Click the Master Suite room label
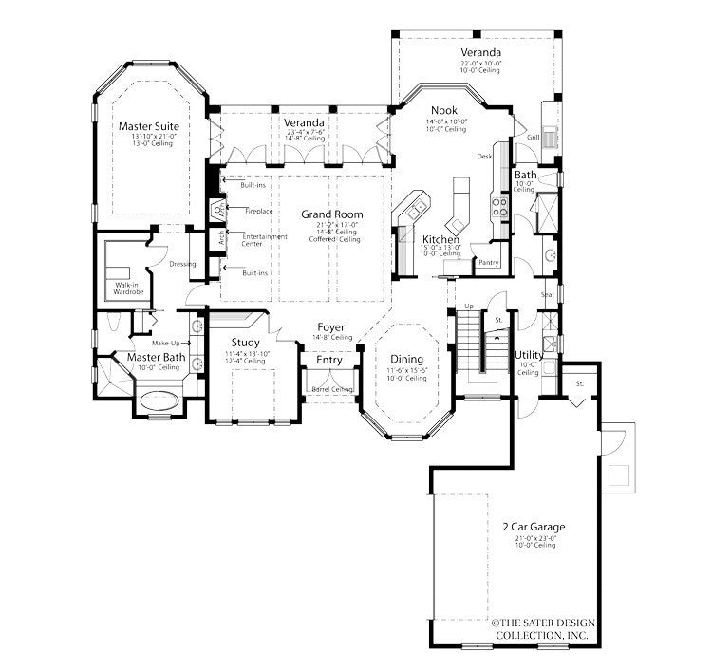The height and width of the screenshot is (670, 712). [x=148, y=125]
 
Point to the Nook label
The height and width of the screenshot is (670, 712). [x=443, y=110]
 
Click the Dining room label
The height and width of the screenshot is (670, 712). [x=406, y=359]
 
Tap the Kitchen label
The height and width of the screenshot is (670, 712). [x=441, y=240]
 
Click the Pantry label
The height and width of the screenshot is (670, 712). [x=489, y=262]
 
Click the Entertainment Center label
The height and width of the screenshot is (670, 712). [x=265, y=239]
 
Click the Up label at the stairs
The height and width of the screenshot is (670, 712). [x=467, y=307]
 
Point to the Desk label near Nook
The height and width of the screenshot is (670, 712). [x=483, y=156]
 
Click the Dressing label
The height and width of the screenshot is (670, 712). [x=182, y=265]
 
